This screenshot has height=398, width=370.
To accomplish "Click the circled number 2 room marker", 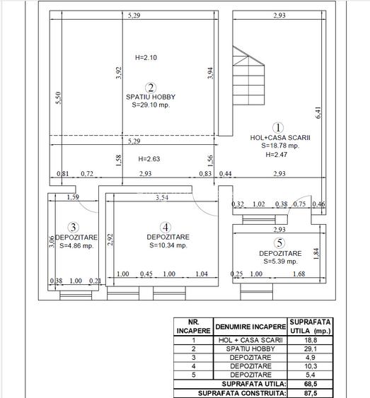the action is coord(151,88).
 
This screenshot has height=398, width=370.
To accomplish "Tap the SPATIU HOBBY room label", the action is coord(151,97).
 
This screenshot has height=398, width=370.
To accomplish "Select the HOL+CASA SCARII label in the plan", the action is coord(280,138).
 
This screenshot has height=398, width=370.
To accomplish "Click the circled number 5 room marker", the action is coord(279,243).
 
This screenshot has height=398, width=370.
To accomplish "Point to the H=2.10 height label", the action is coord(146,58).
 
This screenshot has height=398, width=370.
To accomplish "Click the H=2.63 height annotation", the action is coord(149,159).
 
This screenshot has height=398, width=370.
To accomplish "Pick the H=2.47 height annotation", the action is coord(277,155).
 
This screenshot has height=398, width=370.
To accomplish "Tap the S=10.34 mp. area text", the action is coord(168,245).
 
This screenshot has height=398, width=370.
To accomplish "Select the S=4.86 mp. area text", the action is coord(76,246).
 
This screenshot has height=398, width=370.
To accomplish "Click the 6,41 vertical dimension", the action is coord(318,113).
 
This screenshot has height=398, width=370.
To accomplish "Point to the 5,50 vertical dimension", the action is coord(59,98).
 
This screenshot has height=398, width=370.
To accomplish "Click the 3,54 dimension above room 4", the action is coord(162,197).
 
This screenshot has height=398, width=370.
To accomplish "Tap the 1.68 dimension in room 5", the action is coord(299,274).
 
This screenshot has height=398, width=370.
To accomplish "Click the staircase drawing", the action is coord(248,76).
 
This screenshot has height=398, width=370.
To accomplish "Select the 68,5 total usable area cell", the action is coord(311,384).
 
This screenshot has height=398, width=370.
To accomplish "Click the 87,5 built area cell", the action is coord(311,393).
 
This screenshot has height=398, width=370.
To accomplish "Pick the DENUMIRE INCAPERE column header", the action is coord(250,327).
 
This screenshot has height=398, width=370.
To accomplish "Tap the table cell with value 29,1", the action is coord(311,349).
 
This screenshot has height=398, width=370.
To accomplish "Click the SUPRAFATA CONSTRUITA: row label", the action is coord(242,393).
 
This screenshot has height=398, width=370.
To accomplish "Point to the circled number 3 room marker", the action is coord(74,227).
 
